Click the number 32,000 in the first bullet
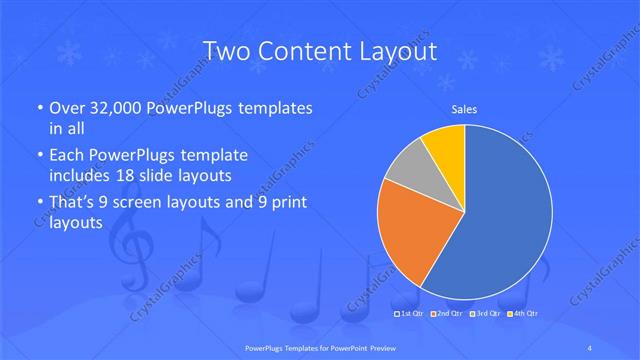click(x=108, y=107)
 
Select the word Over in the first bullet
click(x=63, y=107)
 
